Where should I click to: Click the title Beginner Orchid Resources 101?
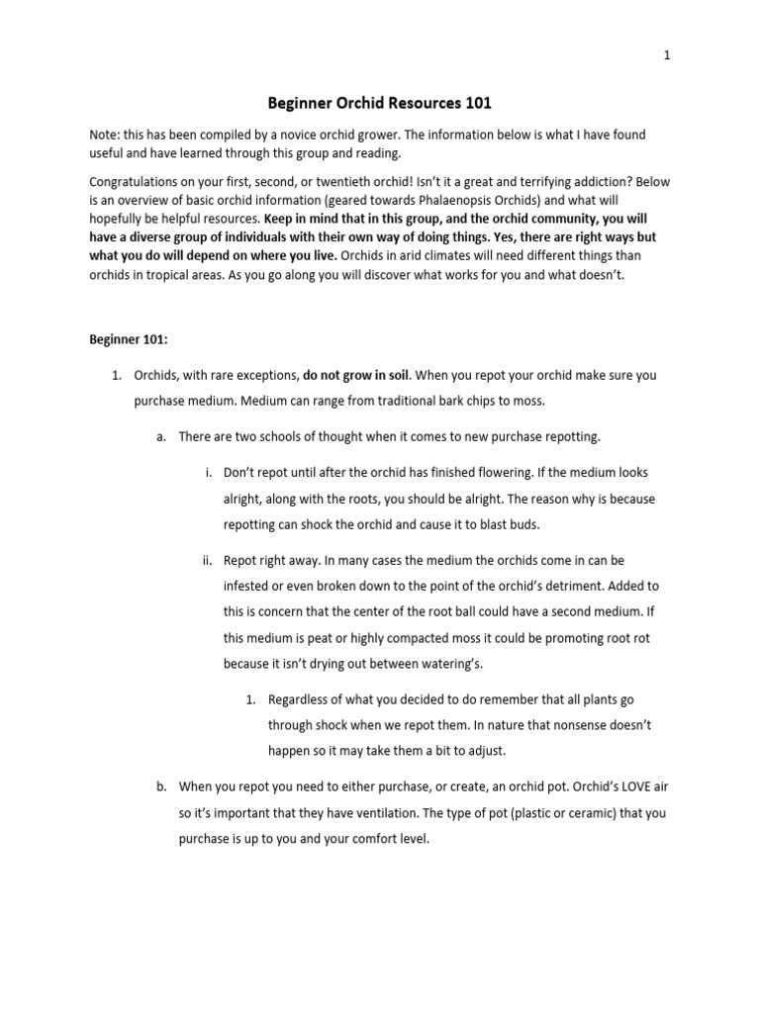(x=380, y=102)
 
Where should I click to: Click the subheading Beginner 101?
(x=129, y=338)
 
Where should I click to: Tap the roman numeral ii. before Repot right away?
(x=207, y=560)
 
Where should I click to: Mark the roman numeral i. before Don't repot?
(x=208, y=473)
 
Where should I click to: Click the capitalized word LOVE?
(x=620, y=787)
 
